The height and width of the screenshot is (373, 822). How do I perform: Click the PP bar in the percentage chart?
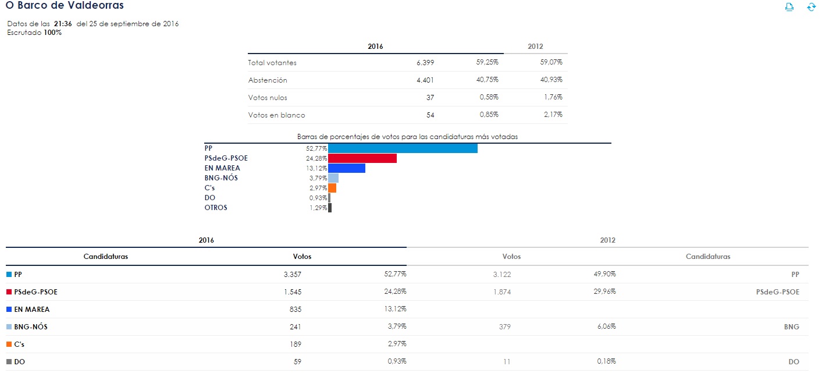tap(403, 148)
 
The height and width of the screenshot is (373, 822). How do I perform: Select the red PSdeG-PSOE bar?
tap(362, 158)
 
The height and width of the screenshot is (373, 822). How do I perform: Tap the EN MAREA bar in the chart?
tap(346, 168)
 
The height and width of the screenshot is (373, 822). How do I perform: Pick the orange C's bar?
tap(332, 188)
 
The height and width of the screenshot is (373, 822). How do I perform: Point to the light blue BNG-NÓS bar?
tap(333, 178)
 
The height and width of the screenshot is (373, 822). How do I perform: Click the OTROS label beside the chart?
tap(216, 208)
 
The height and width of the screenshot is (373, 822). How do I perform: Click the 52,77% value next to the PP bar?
tap(316, 148)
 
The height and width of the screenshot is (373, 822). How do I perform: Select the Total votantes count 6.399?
tap(425, 63)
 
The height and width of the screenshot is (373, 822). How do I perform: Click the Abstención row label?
tap(268, 80)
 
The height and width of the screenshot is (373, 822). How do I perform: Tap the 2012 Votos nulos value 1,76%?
tap(553, 97)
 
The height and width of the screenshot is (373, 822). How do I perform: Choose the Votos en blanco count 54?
tap(430, 115)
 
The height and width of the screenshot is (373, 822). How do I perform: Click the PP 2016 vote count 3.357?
tap(292, 275)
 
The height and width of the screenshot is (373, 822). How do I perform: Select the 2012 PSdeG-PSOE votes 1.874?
tap(501, 292)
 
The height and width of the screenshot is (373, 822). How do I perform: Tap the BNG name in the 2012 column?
tap(791, 327)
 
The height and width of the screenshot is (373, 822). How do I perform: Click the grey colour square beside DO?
tap(9, 362)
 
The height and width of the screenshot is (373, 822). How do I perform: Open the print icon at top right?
tap(789, 7)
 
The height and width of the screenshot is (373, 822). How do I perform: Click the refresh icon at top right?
tap(812, 7)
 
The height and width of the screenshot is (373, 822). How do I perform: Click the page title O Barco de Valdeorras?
tap(64, 5)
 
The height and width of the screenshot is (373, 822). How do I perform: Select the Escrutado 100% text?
tap(34, 33)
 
